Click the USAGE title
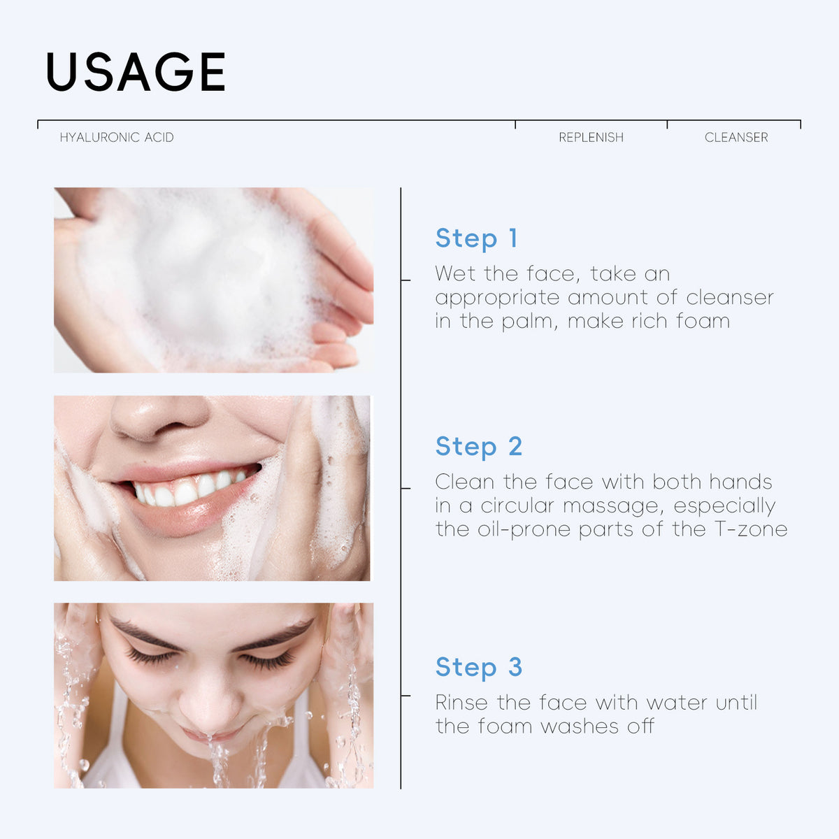click(136, 72)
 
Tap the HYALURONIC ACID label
click(117, 138)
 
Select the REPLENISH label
click(591, 138)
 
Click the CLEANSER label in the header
click(736, 138)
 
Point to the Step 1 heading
click(476, 238)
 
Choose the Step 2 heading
click(479, 447)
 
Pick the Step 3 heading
click(479, 668)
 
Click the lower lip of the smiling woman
click(185, 517)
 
